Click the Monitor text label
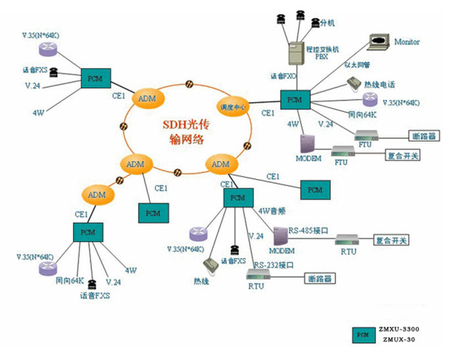click(x=407, y=42)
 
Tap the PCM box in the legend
click(x=362, y=334)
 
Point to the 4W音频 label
click(x=272, y=211)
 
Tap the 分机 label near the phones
click(x=328, y=23)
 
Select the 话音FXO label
click(x=282, y=76)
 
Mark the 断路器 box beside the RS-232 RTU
click(x=318, y=278)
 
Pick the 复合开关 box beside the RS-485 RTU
click(x=391, y=240)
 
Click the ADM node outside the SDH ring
click(x=97, y=194)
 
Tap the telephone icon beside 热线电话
click(x=354, y=84)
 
